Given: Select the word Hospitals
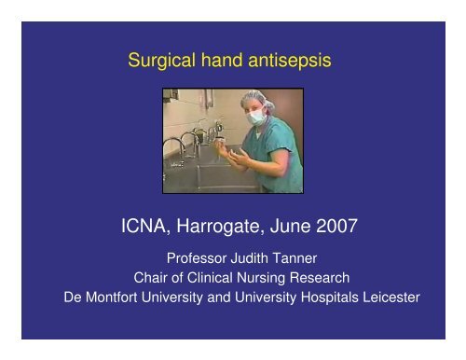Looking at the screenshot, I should (x=327, y=300).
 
